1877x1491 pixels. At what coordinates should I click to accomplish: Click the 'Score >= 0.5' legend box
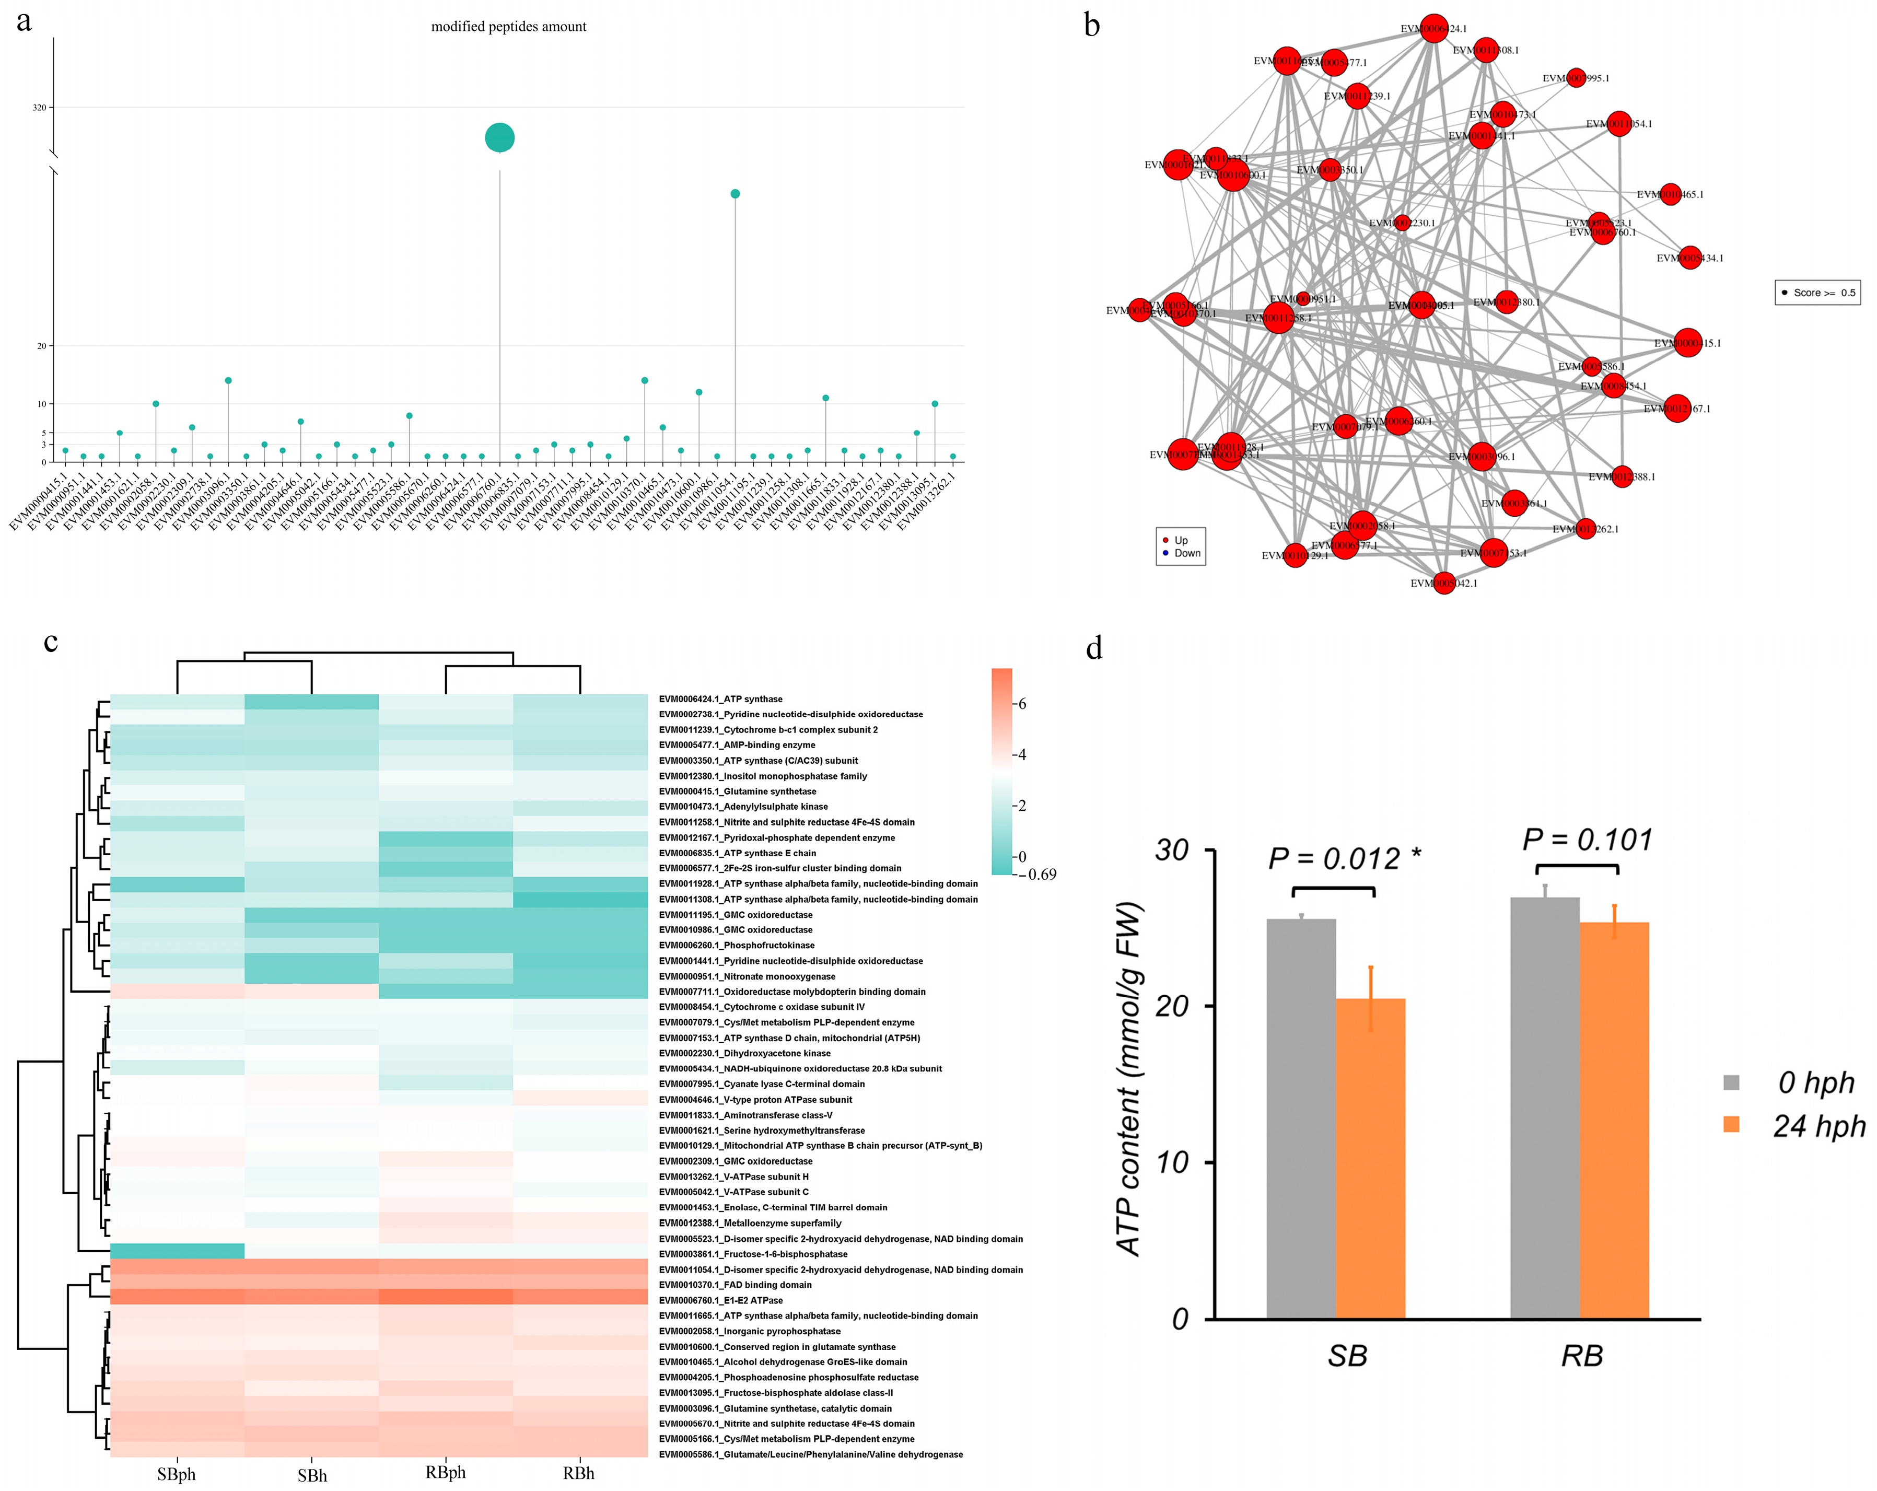point(1817,293)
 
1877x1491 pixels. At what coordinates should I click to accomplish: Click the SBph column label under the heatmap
point(177,1474)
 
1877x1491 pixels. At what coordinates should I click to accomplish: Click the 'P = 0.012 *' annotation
point(1343,859)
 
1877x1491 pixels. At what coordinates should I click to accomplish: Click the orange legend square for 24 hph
point(1732,1125)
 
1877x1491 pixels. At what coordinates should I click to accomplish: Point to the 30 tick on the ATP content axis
point(1172,851)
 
